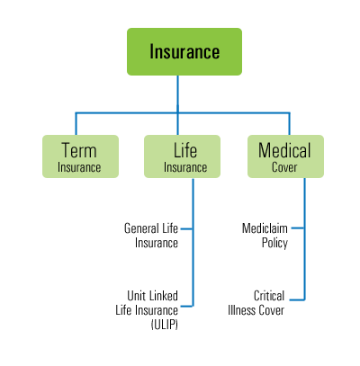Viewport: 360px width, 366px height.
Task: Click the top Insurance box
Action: point(184,51)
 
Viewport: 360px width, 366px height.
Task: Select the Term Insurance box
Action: point(80,156)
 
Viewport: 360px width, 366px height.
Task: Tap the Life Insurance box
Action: point(182,156)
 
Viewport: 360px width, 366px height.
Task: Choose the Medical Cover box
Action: point(285,156)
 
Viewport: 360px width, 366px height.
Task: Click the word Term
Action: point(79,150)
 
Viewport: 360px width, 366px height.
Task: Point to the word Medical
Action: point(284,150)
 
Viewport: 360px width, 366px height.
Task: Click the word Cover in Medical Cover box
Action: point(284,167)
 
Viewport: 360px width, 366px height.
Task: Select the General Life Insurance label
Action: point(151,236)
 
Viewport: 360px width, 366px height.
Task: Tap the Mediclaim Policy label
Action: point(265,236)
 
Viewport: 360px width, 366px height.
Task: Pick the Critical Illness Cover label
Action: point(256,303)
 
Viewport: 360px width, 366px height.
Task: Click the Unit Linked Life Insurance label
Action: point(147,303)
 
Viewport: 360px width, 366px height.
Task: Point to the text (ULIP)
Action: point(165,325)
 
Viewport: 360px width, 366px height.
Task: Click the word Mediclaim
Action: point(265,228)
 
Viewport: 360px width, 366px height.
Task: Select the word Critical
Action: point(269,296)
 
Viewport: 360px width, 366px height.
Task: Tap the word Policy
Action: point(274,243)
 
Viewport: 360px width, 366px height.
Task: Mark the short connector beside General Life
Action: point(186,229)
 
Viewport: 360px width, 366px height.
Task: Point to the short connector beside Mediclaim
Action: point(298,228)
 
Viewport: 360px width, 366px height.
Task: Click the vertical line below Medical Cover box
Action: point(305,239)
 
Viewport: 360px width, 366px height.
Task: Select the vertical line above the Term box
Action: point(76,124)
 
